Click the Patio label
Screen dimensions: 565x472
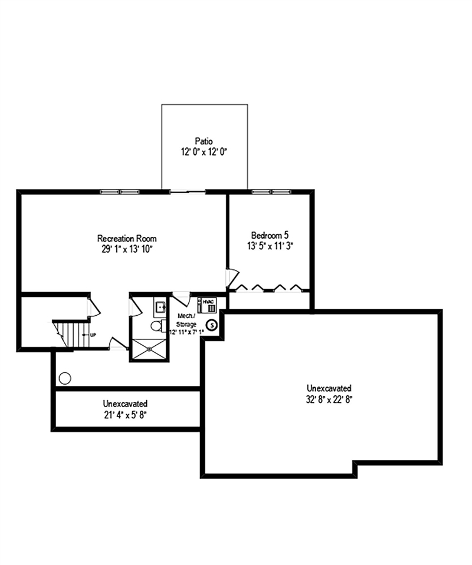(204, 141)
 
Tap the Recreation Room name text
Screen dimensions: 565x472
(127, 238)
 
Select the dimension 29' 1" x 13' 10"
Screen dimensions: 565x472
(127, 249)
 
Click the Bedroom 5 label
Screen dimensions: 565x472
(270, 234)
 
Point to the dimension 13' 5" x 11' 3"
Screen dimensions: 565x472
(270, 245)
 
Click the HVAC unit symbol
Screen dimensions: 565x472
(209, 305)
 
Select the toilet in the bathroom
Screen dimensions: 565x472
(157, 325)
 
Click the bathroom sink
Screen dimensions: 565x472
(160, 306)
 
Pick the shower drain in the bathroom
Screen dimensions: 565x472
(149, 348)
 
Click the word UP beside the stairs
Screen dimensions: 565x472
(93, 335)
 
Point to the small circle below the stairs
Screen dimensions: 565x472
(65, 379)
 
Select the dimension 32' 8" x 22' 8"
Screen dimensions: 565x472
(329, 399)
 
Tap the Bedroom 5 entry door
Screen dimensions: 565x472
(232, 277)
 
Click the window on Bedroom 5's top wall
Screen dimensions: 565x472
(270, 191)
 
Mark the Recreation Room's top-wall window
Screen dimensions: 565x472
(120, 191)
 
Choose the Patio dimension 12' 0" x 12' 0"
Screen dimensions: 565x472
(204, 151)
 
